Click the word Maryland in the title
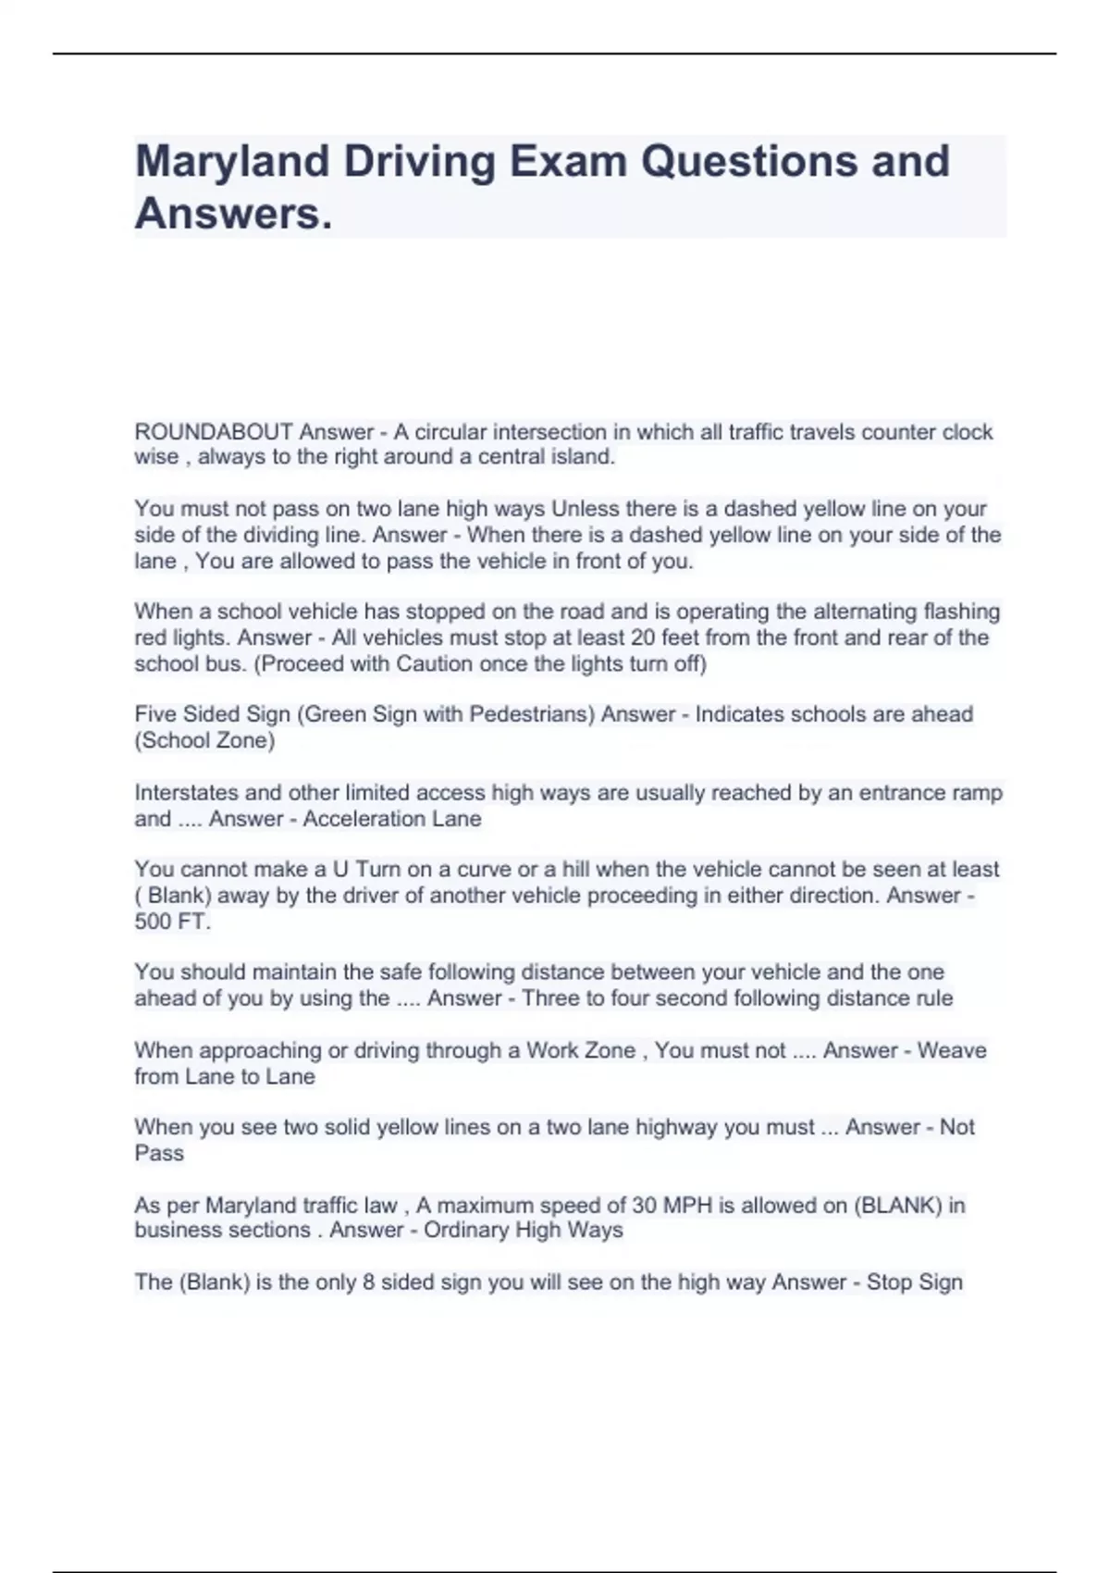click(231, 162)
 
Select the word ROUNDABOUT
click(214, 432)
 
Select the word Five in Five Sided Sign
click(154, 714)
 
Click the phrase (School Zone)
click(204, 740)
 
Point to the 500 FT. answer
click(172, 922)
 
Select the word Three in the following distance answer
click(551, 999)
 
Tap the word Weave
click(952, 1051)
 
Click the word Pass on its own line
click(159, 1154)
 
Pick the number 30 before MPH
click(644, 1206)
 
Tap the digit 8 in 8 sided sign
click(369, 1282)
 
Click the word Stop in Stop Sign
click(888, 1282)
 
